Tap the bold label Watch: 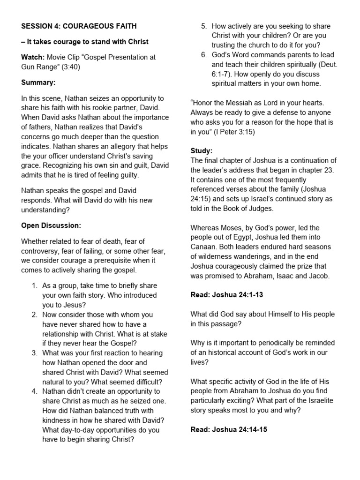tap(32, 57)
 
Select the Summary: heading tap(38, 82)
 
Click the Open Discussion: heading tap(51, 225)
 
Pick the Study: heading tap(202, 151)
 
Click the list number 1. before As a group tap(35, 285)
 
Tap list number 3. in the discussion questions tap(35, 353)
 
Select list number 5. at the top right tap(204, 26)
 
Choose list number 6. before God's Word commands tap(204, 55)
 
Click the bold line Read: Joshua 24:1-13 tap(229, 295)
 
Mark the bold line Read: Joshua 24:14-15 tap(229, 429)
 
